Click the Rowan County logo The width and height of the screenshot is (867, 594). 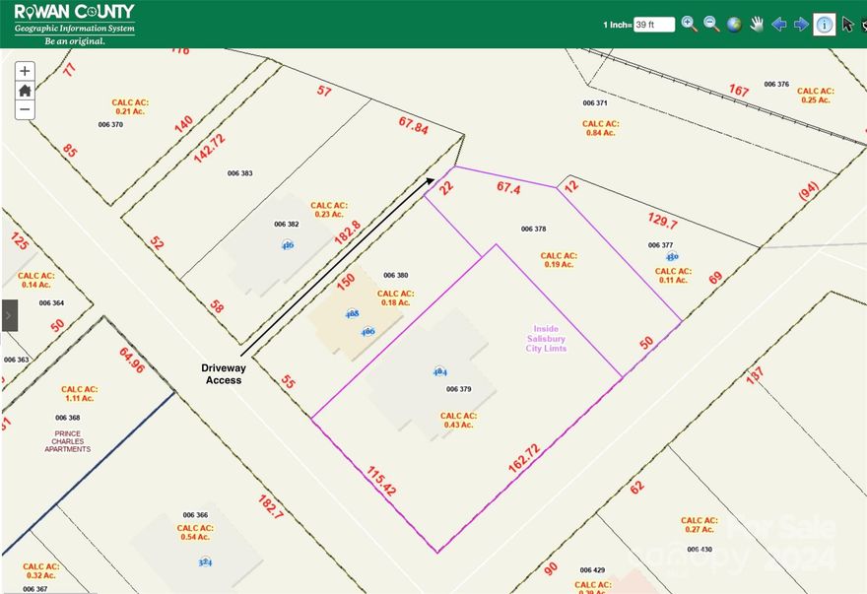click(x=74, y=24)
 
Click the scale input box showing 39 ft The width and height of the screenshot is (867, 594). click(x=654, y=25)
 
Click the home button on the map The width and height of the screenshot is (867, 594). click(x=25, y=91)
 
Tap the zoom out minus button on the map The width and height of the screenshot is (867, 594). click(x=25, y=110)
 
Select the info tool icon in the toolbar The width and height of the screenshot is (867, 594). click(x=825, y=25)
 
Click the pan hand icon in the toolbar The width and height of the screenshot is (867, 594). click(x=757, y=25)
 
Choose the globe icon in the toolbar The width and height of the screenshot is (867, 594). click(x=734, y=25)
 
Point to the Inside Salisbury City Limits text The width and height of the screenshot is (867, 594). click(x=546, y=339)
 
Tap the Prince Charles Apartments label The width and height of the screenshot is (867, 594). click(x=67, y=440)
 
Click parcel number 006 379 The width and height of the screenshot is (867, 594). click(x=459, y=389)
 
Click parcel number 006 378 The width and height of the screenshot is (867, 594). click(x=533, y=229)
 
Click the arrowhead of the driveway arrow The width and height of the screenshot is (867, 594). click(x=431, y=179)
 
